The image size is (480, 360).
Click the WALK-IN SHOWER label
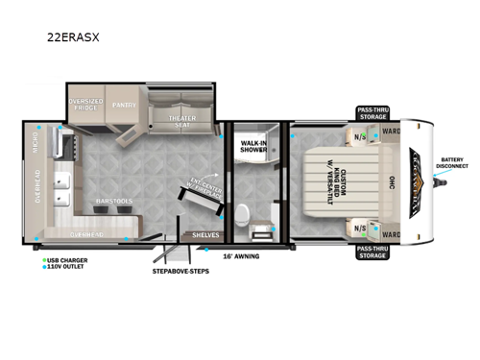coord(253,147)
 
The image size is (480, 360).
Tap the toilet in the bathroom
coord(246,212)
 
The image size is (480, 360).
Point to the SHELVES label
coord(205,234)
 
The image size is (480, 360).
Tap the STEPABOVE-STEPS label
coord(180,271)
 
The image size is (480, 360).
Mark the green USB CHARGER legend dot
coord(44,259)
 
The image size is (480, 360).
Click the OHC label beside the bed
coord(389,182)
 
